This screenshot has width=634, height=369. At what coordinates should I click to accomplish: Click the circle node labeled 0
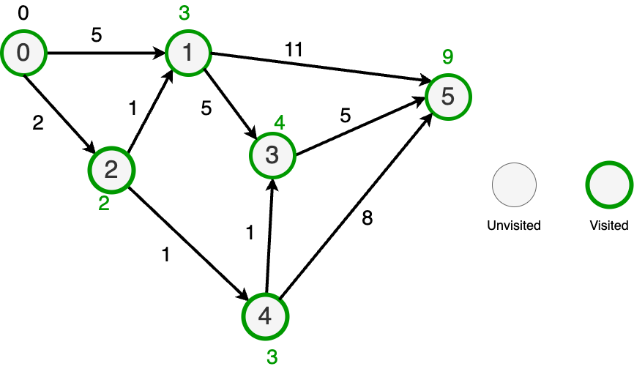23,53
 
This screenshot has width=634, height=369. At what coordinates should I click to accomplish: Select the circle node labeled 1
188,53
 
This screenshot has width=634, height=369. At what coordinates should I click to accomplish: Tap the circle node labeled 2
111,170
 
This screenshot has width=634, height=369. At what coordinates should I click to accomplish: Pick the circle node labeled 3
272,155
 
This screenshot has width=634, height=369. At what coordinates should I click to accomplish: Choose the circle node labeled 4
265,316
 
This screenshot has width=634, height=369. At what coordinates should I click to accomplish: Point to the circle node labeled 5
448,97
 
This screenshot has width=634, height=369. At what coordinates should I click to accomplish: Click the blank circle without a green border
514,184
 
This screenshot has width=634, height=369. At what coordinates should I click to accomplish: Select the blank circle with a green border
609,184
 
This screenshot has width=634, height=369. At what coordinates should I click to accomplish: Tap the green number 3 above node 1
184,13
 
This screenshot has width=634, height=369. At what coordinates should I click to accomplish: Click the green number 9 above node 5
448,57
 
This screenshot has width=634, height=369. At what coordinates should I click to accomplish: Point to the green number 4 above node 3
280,123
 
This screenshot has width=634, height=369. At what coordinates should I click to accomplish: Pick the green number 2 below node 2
104,204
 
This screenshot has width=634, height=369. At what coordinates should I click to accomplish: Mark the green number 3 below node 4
272,357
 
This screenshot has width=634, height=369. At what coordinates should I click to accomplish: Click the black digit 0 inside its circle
23,53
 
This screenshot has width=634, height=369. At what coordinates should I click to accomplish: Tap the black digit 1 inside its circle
188,53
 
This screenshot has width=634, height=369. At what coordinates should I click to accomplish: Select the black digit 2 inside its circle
111,170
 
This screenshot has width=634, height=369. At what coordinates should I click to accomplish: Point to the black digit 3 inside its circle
272,155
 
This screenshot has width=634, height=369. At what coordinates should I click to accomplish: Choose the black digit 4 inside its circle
265,316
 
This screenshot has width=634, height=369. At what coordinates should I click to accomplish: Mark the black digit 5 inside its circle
448,97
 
